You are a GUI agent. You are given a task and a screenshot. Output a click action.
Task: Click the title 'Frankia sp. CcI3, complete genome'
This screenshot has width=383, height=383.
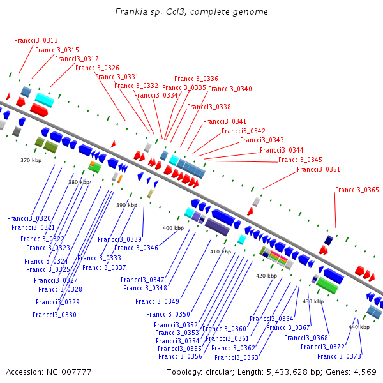click(x=191, y=12)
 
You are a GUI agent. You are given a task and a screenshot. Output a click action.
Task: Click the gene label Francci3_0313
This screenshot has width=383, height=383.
click(x=36, y=40)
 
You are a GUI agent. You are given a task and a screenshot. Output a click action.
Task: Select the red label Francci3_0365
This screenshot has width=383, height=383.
click(x=357, y=190)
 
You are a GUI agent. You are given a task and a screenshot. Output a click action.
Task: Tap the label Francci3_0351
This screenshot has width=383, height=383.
click(x=319, y=169)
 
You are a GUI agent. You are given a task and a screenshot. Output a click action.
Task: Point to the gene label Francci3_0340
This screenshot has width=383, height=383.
click(x=230, y=89)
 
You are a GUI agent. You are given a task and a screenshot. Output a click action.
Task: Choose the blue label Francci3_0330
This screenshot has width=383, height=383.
click(x=54, y=315)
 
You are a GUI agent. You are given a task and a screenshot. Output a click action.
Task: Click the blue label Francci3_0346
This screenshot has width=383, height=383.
click(x=136, y=248)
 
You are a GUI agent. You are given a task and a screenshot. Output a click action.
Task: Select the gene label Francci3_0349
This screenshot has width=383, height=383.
click(x=157, y=301)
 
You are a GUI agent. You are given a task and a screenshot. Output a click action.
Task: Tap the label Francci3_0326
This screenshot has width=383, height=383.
click(x=97, y=68)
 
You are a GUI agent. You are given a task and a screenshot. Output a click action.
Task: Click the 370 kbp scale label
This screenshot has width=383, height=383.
click(x=31, y=160)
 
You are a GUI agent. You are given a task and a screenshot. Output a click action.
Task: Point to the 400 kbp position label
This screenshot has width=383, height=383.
click(x=173, y=228)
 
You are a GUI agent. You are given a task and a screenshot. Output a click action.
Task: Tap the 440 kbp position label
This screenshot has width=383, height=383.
click(x=359, y=327)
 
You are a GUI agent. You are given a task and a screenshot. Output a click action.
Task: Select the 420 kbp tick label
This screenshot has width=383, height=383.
click(x=266, y=276)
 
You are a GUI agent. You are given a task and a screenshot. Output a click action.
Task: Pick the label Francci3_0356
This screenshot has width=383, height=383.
click(x=180, y=356)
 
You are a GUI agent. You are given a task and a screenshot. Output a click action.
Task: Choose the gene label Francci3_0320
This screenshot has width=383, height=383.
click(x=29, y=218)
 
